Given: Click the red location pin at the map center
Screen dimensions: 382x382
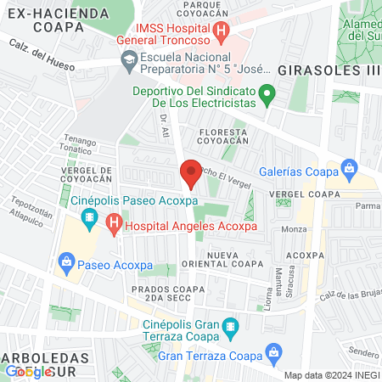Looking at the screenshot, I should click(191, 172).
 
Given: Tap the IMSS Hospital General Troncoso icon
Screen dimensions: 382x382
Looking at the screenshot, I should click(222, 33).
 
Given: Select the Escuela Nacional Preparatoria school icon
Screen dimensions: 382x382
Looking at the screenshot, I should click(129, 59).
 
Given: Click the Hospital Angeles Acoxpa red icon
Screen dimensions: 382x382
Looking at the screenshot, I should click(114, 226).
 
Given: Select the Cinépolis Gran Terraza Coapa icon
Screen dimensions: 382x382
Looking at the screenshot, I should click(229, 325).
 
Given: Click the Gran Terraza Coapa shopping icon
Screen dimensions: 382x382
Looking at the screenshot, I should click(273, 351).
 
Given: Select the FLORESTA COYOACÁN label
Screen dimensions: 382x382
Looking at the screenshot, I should click(222, 138).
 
